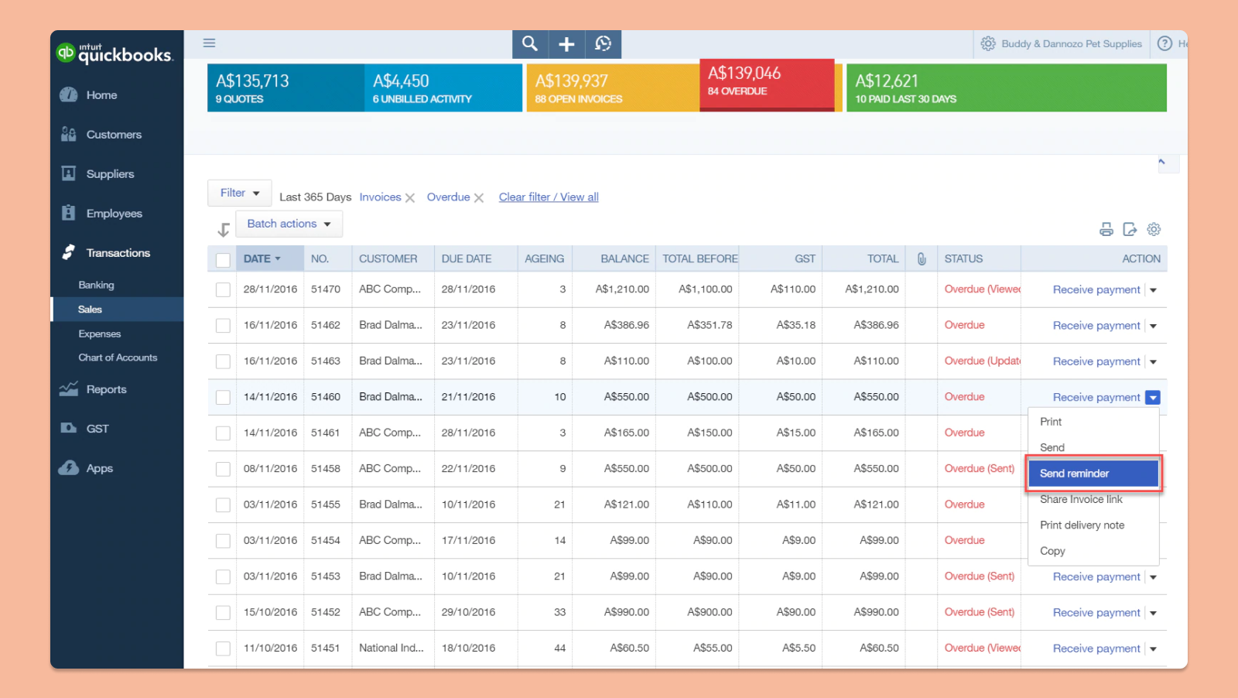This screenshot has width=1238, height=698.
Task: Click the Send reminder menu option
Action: [x=1093, y=474]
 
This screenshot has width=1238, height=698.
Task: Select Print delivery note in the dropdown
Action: [x=1082, y=525]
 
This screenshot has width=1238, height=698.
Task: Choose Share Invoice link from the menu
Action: [x=1081, y=500]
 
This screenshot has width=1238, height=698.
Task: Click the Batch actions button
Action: [x=289, y=224]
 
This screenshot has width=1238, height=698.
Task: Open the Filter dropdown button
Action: [x=239, y=193]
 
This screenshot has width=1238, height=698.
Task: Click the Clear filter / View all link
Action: [x=549, y=197]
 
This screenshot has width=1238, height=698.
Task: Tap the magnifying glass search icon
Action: [x=530, y=44]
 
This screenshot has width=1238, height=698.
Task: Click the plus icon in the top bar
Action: [x=566, y=44]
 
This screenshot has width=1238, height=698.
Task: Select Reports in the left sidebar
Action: [x=106, y=389]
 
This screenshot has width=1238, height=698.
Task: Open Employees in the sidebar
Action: [x=114, y=214]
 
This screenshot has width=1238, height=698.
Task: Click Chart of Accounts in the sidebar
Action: [x=118, y=358]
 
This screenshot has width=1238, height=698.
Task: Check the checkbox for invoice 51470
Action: [x=223, y=290]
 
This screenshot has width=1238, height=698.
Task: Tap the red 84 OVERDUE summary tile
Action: [x=766, y=84]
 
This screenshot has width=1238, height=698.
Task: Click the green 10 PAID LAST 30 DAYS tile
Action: [x=1006, y=87]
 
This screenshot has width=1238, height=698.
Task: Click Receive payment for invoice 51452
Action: [x=1096, y=613]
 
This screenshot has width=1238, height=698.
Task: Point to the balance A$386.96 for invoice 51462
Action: [x=626, y=326]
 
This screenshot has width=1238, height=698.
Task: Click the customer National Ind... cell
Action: [x=391, y=648]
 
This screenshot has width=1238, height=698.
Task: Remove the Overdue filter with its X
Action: [x=479, y=198]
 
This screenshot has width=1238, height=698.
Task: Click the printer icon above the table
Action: [x=1106, y=229]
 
